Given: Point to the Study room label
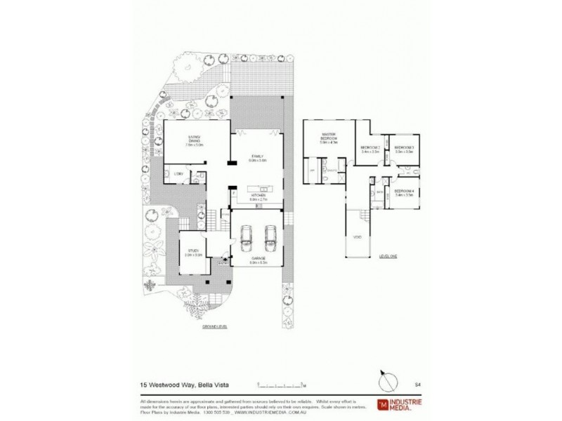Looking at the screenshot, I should point(194,253).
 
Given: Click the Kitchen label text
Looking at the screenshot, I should point(259,198).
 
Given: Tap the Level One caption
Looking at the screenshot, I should point(388,256).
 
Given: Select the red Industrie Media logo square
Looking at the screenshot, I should point(383,404).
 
